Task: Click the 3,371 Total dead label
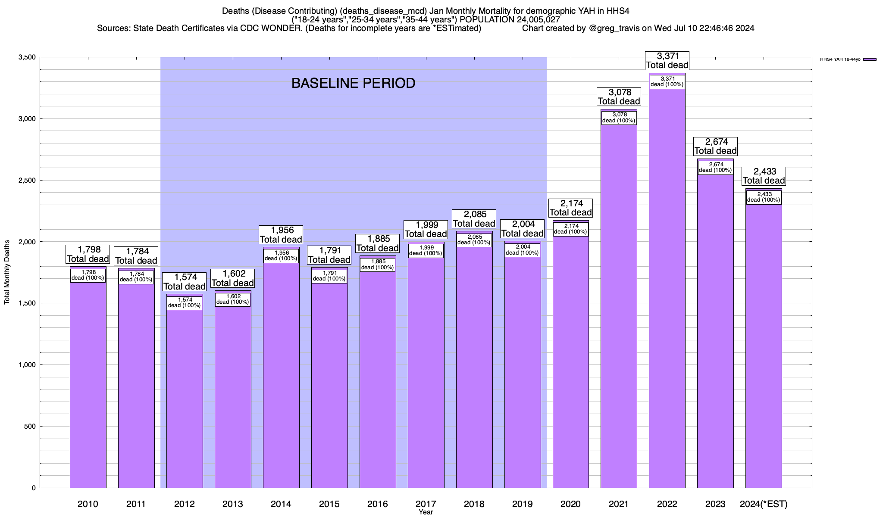click(x=667, y=61)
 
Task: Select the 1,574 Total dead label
click(x=185, y=282)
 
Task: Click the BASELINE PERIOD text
click(x=353, y=83)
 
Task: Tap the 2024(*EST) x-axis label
click(x=764, y=504)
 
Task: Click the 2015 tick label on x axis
click(x=329, y=504)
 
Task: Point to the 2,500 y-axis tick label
click(x=27, y=180)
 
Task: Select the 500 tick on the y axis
click(x=30, y=427)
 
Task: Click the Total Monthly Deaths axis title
click(x=7, y=272)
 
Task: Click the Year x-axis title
click(x=426, y=512)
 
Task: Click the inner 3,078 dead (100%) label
click(x=619, y=118)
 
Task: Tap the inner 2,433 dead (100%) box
click(x=764, y=197)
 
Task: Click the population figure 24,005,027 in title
click(x=535, y=19)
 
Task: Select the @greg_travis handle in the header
click(x=614, y=28)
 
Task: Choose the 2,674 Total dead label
click(x=715, y=146)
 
